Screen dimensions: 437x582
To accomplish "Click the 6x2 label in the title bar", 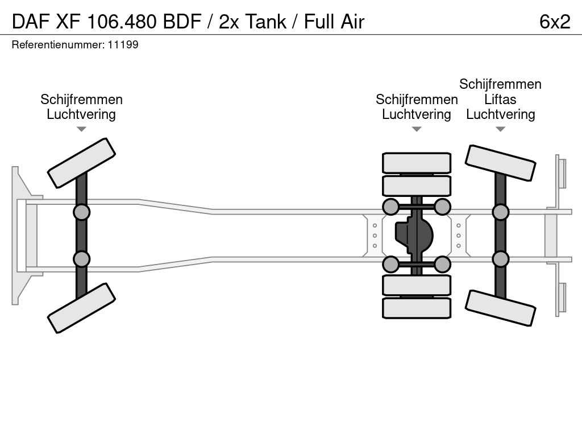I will (x=554, y=22).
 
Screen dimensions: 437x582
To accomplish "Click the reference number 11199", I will (x=123, y=44).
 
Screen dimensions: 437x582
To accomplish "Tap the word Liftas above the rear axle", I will (x=500, y=100).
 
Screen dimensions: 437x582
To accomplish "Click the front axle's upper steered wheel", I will (x=81, y=163).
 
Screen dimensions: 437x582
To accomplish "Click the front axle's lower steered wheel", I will (x=81, y=308).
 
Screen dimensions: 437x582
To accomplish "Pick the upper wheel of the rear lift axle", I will (x=500, y=163).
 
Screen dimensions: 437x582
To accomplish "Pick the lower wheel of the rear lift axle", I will (x=500, y=308).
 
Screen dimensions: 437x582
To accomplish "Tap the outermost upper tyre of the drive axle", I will (x=417, y=163).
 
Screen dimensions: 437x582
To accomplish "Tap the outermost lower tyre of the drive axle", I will (x=417, y=308).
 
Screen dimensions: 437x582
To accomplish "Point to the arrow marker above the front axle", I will (x=81, y=129).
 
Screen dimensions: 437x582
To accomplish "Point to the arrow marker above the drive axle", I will (x=417, y=129).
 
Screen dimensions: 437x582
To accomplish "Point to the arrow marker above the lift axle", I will (x=500, y=129).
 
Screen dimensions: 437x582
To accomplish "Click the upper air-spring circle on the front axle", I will (x=81, y=212).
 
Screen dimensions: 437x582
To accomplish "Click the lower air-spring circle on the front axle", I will (x=81, y=259).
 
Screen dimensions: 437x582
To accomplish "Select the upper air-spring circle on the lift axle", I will (x=500, y=212).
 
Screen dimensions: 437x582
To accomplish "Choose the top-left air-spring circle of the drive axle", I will (x=390, y=207).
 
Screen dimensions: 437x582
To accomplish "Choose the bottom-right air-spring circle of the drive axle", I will (x=442, y=264).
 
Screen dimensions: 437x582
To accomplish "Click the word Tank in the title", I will (x=267, y=22).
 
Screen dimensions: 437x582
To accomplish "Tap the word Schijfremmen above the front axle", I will (x=81, y=100).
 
